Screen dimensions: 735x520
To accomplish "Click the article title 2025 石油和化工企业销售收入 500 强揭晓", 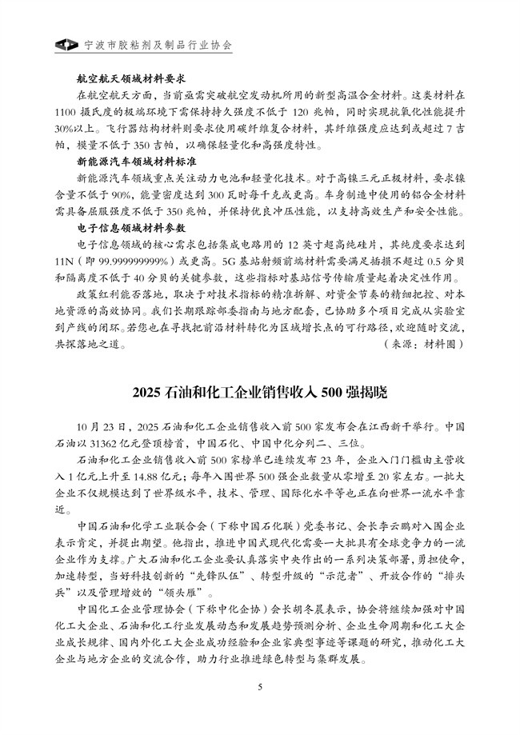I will (260, 393).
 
